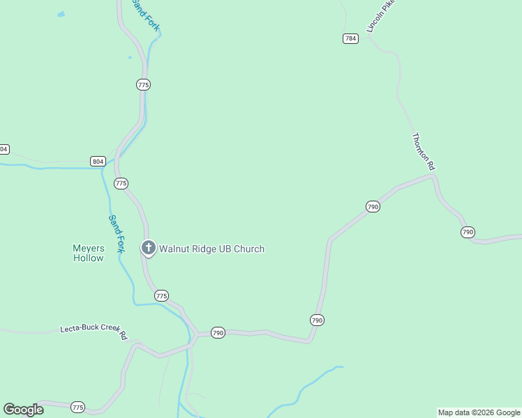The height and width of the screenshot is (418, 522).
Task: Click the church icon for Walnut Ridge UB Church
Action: pyautogui.click(x=148, y=247)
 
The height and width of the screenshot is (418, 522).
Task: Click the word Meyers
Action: pyautogui.click(x=89, y=248)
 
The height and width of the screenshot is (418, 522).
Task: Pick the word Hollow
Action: pyautogui.click(x=89, y=258)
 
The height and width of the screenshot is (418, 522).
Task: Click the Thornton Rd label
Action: pyautogui.click(x=424, y=152)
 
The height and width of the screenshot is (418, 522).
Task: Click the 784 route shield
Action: pyautogui.click(x=351, y=38)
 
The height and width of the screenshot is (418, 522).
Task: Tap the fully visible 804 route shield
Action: pyautogui.click(x=98, y=161)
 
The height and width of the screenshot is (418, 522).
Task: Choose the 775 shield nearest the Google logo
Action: pyautogui.click(x=77, y=407)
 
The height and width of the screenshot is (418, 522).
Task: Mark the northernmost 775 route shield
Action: pyautogui.click(x=144, y=84)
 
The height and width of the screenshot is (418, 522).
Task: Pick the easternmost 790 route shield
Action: pyautogui.click(x=468, y=232)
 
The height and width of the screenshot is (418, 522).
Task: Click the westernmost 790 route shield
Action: pyautogui.click(x=218, y=333)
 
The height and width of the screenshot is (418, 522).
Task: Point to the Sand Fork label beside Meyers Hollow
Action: pyautogui.click(x=116, y=234)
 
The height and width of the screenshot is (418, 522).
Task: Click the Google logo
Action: pyautogui.click(x=23, y=410)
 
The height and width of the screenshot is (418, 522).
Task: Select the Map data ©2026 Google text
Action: pyautogui.click(x=479, y=412)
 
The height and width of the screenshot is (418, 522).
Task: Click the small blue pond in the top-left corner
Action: pyautogui.click(x=61, y=14)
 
